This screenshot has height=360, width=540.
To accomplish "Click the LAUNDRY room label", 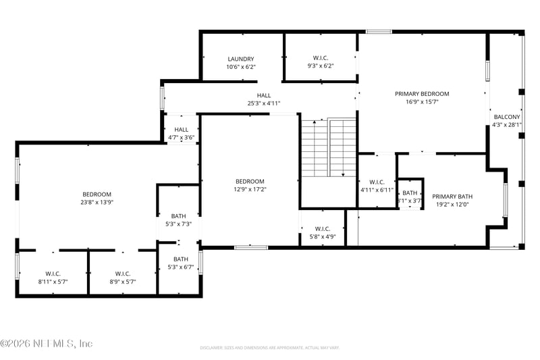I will tap(240, 59).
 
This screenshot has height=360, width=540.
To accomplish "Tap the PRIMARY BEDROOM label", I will tap(422, 94).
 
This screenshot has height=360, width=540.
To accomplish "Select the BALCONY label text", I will tap(507, 117).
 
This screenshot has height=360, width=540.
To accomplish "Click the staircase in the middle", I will tap(328, 149).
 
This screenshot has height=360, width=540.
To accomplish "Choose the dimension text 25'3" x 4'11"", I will tap(263, 103).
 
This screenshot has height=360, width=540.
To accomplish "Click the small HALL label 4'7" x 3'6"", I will tap(181, 130).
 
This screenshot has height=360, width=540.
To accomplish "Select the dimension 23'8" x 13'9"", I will tap(97, 202).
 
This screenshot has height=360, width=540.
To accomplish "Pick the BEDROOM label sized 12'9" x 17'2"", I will tap(250, 181).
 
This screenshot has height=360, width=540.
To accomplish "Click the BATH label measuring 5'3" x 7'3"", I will tap(178, 216).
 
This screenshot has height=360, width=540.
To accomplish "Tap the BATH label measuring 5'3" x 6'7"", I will tap(180, 259).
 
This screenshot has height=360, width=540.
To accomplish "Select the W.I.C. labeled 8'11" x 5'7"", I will tap(53, 274).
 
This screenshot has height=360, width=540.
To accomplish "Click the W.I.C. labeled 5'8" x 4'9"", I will tap(322, 229).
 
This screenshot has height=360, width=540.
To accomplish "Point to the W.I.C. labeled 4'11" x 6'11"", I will tap(376, 182).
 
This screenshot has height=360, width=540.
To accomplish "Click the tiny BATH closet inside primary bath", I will tap(410, 193).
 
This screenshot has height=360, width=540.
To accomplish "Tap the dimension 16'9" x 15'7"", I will tap(422, 102).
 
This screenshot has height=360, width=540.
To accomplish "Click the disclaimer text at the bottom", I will tap(269, 348).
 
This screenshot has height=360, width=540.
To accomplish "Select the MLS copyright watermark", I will tap(46, 344).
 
